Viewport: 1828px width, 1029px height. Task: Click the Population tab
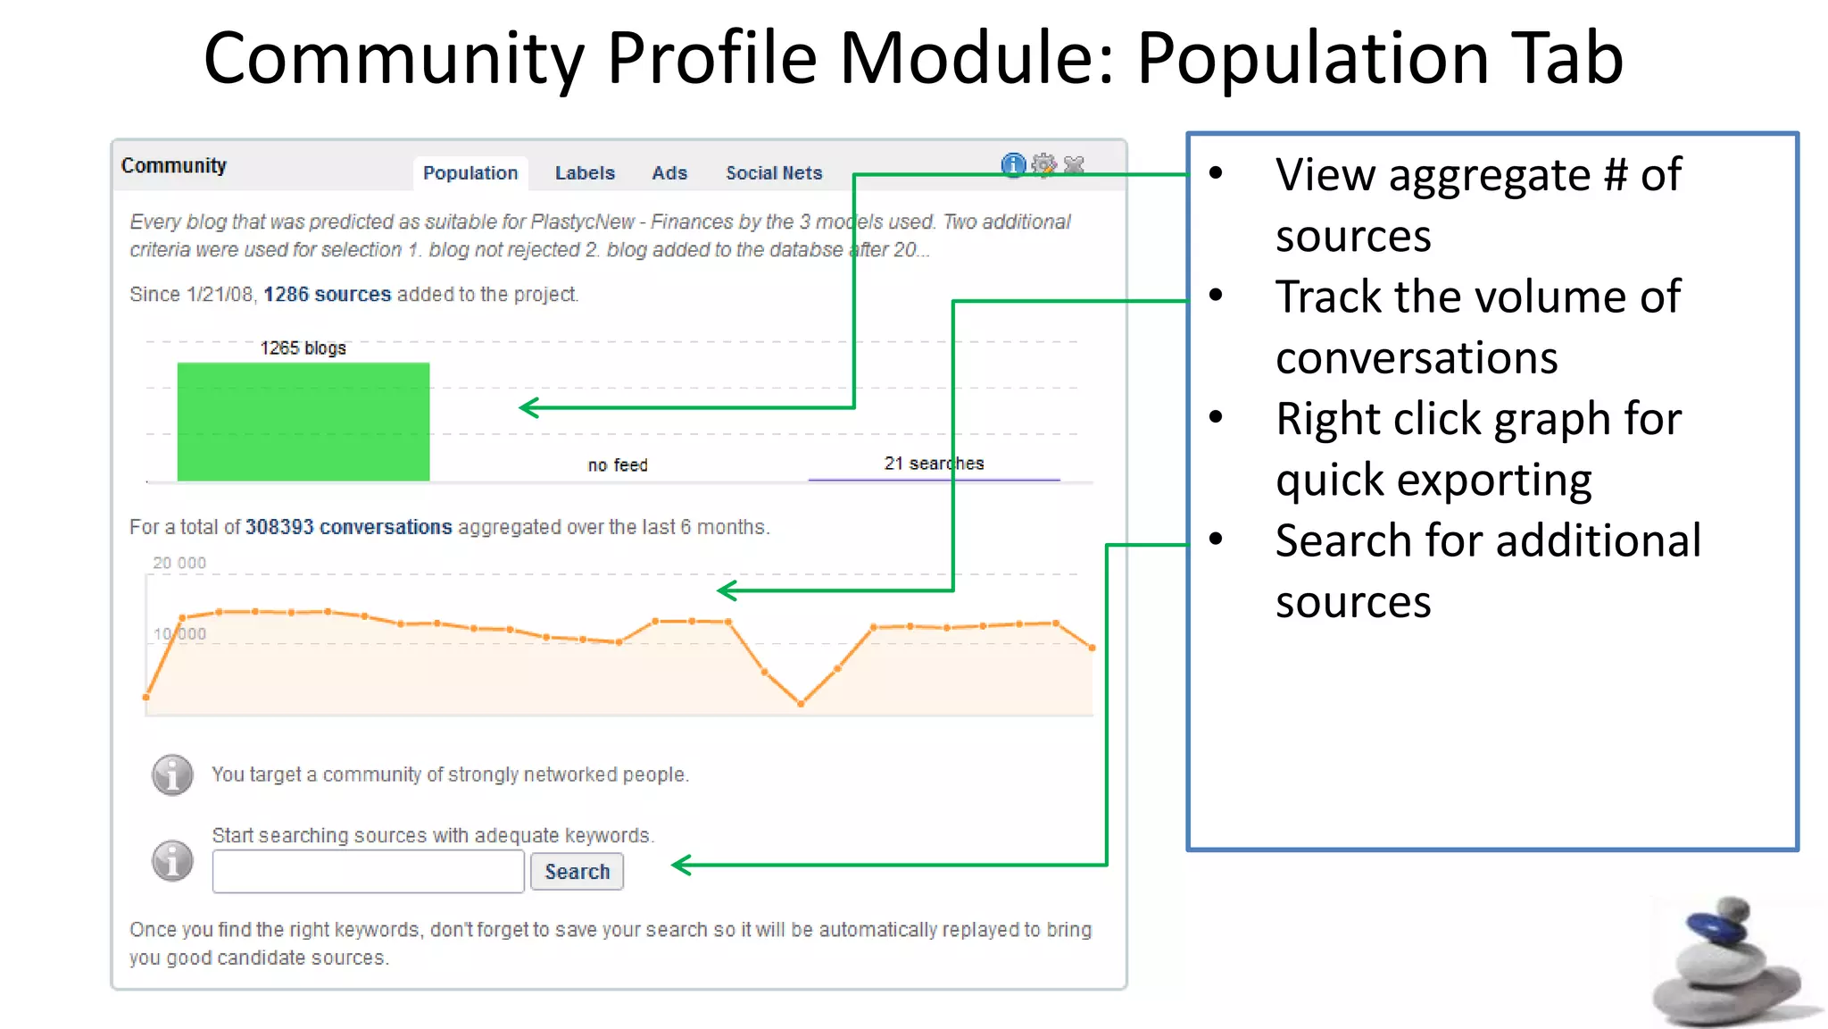[470, 173]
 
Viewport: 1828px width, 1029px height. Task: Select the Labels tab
[585, 173]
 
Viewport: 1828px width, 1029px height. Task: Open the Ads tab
[669, 173]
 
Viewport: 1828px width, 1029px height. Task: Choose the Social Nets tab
[774, 173]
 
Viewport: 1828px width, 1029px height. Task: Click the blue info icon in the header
[1013, 165]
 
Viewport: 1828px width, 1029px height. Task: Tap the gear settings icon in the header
[1043, 165]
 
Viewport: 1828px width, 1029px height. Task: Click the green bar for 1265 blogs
[303, 422]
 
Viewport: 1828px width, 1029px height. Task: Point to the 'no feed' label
[618, 465]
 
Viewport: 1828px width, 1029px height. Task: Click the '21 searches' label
[934, 464]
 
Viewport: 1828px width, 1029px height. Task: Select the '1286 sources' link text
[327, 295]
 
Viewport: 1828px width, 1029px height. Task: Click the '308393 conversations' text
[348, 527]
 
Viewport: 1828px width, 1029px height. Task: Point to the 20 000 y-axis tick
[179, 563]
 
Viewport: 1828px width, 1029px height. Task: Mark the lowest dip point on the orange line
[801, 704]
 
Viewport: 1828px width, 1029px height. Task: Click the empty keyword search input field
[368, 872]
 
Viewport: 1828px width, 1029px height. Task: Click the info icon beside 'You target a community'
[172, 774]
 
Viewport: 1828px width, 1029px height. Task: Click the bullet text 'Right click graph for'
[1478, 419]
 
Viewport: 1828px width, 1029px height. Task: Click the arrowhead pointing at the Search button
[681, 865]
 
